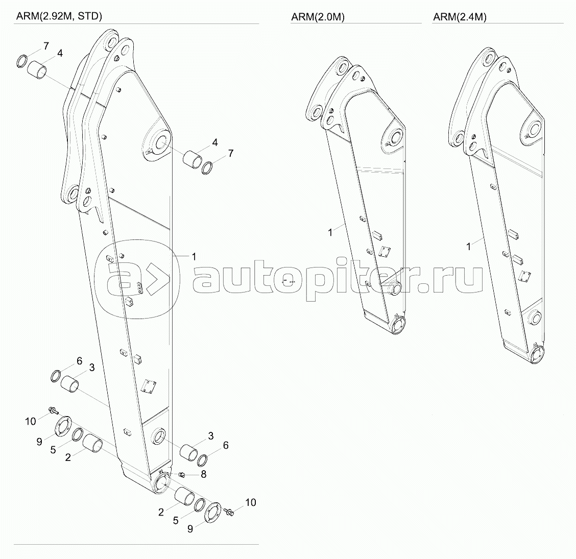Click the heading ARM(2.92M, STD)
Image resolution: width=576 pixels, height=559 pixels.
tap(59, 16)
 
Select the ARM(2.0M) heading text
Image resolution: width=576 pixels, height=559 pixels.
tap(318, 17)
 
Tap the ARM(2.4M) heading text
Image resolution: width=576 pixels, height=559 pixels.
tap(460, 17)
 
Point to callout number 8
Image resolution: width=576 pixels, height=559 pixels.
tap(204, 474)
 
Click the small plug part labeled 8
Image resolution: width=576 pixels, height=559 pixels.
tap(181, 475)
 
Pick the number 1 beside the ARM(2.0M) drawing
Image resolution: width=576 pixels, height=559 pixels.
tap(330, 232)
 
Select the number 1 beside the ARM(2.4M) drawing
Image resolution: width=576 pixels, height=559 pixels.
tap(468, 247)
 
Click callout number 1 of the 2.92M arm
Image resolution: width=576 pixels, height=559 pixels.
tap(194, 257)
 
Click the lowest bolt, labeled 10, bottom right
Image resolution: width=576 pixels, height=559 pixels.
tap(230, 512)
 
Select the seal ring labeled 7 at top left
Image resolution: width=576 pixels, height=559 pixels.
tap(22, 61)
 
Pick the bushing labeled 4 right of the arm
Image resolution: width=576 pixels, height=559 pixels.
tap(193, 159)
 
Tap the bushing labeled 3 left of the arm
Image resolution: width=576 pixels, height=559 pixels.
tap(70, 384)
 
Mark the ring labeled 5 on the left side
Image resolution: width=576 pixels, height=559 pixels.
tap(78, 435)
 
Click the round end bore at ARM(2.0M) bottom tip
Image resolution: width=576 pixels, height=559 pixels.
tap(399, 325)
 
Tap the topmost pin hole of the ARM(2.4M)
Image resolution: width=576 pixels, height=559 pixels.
tap(488, 58)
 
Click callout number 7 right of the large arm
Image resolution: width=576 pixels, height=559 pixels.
tap(231, 153)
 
